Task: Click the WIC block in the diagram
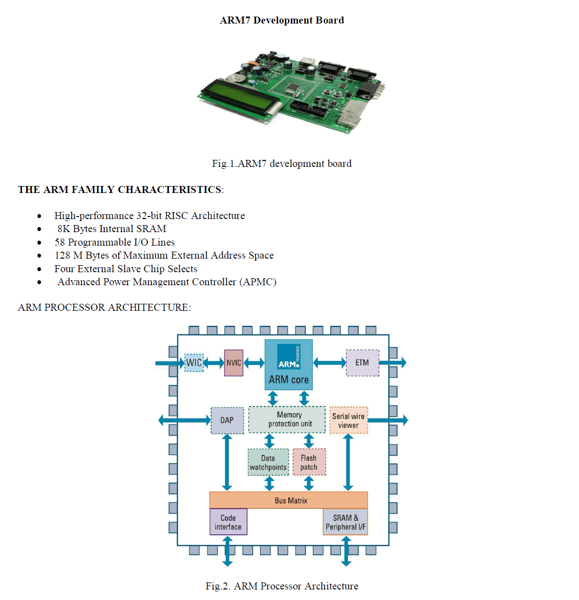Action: point(194,362)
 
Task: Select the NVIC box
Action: point(234,363)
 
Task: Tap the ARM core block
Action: point(289,365)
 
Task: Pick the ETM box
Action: point(362,363)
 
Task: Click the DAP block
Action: point(227,420)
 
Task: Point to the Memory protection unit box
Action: point(287,420)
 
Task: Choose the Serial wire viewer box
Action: point(348,421)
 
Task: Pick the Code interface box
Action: point(228,522)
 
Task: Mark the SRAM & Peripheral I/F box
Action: point(345,522)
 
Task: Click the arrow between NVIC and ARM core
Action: point(254,363)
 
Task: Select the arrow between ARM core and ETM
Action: point(329,362)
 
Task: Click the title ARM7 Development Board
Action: point(282,21)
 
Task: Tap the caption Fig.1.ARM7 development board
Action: point(282,164)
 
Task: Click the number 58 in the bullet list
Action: point(60,242)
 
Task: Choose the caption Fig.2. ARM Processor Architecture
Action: point(282,586)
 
